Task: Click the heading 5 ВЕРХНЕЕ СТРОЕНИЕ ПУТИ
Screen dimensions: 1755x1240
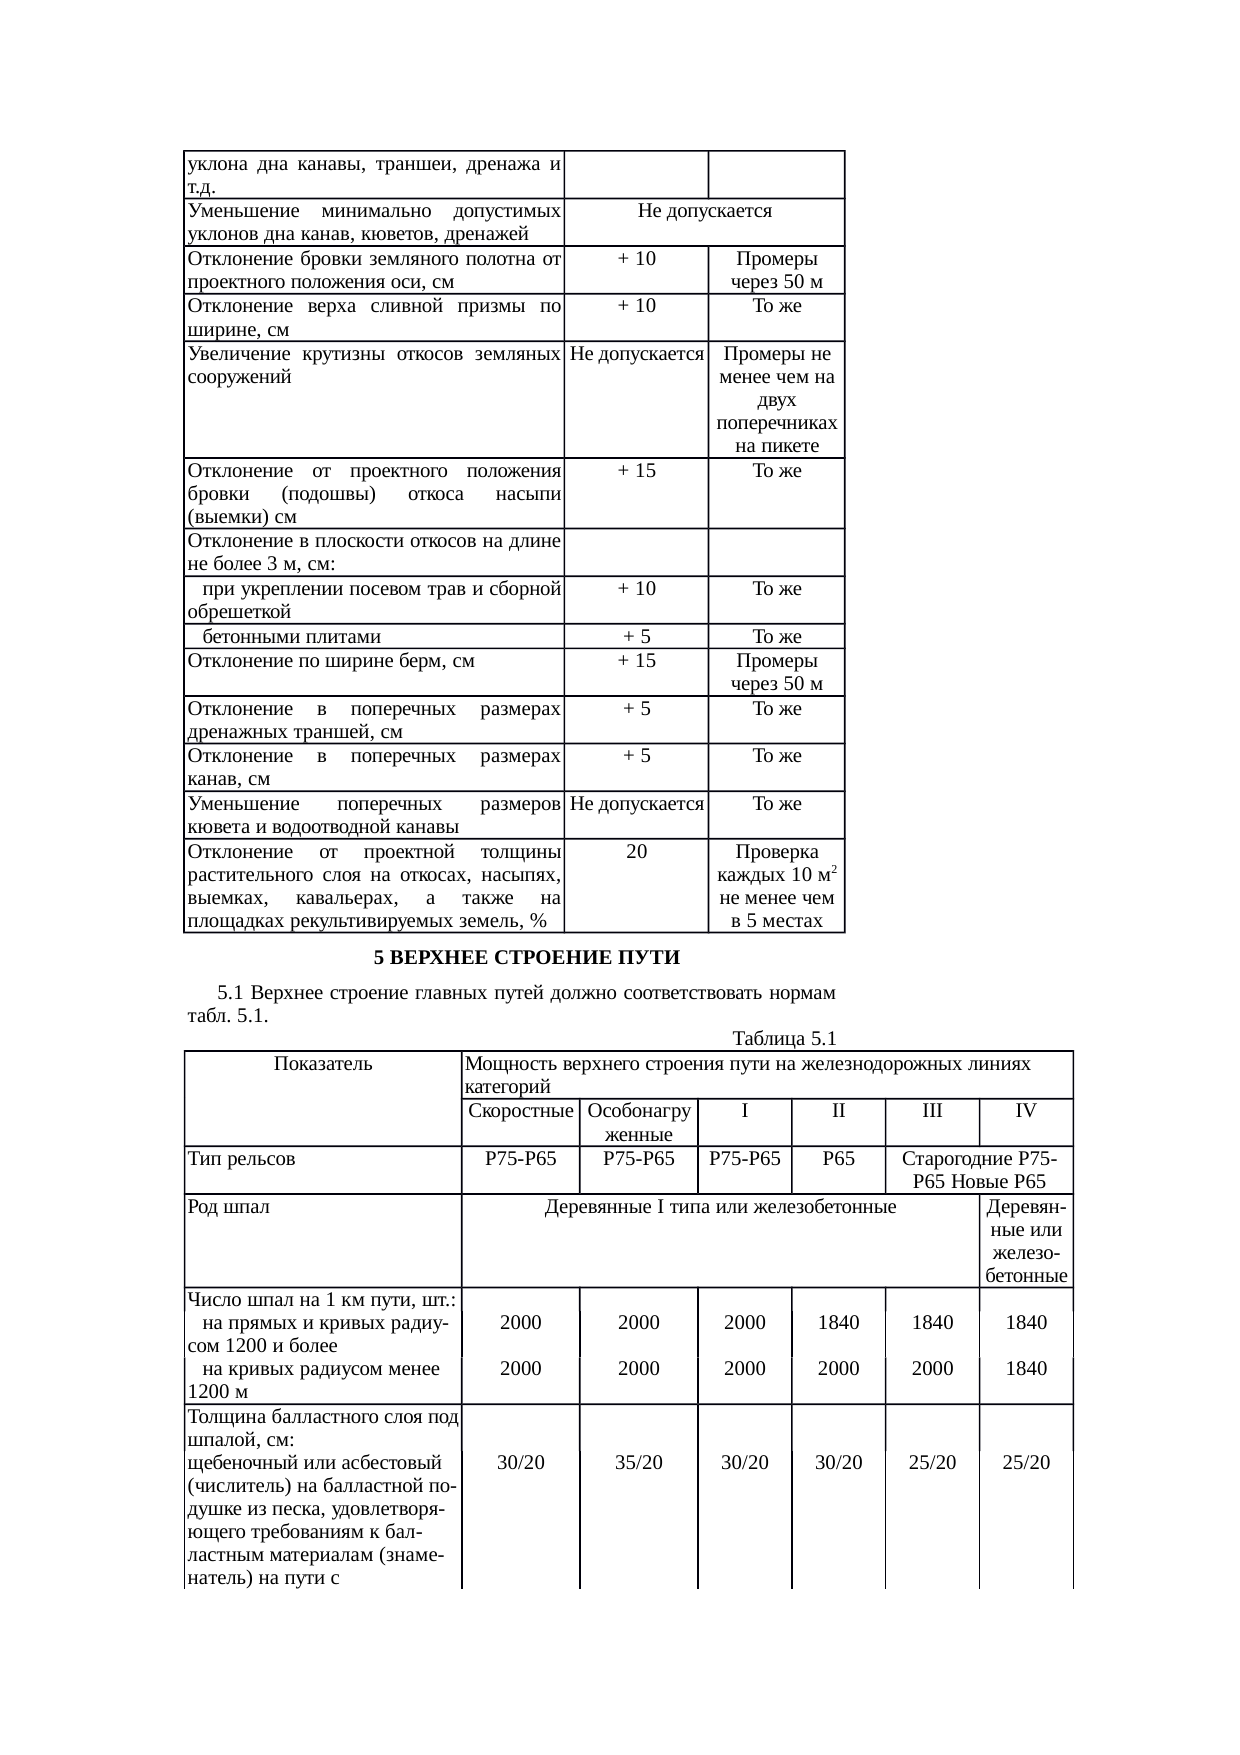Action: click(x=526, y=958)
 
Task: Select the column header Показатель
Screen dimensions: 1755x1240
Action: click(x=322, y=1063)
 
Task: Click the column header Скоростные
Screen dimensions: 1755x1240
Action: click(x=520, y=1111)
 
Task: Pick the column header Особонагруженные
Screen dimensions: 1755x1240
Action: click(x=638, y=1122)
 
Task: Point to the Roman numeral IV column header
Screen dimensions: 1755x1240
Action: click(x=1025, y=1111)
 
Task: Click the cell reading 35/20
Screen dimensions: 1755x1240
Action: click(x=638, y=1462)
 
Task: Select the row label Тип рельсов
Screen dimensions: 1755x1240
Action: click(x=241, y=1159)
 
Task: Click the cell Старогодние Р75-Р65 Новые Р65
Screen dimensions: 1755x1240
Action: click(x=979, y=1170)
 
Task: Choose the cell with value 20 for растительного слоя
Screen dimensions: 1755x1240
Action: click(x=636, y=852)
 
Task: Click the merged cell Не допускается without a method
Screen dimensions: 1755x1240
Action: click(x=704, y=211)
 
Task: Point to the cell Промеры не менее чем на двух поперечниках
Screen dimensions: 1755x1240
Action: click(x=776, y=399)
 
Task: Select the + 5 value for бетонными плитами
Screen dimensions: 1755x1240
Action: click(x=636, y=637)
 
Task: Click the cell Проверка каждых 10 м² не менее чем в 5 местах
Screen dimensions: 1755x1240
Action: click(x=776, y=886)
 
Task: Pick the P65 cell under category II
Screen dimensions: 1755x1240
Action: click(x=838, y=1159)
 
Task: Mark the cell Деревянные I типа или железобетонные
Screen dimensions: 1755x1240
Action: click(x=719, y=1207)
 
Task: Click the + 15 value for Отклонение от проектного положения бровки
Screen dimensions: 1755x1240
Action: click(x=636, y=471)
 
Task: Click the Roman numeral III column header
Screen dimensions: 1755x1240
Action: click(x=932, y=1111)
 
